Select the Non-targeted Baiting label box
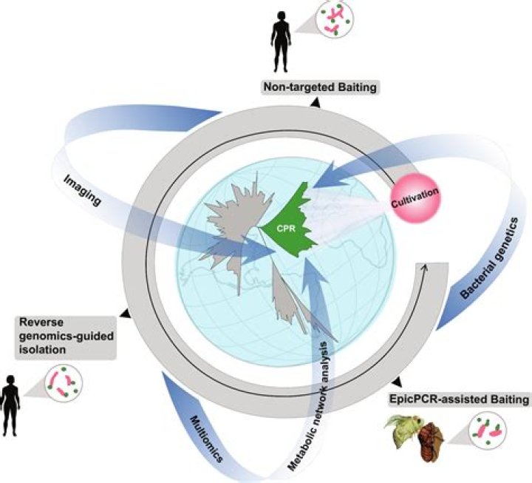point(320,87)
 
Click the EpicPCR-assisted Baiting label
point(459,399)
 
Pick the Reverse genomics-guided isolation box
point(66,336)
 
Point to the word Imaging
point(83,191)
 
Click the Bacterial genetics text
point(490,258)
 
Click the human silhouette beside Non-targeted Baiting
point(281,41)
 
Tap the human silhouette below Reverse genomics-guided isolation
point(10,405)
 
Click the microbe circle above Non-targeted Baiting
point(335,20)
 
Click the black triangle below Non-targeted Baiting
point(316,103)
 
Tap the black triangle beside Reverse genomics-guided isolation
point(125,314)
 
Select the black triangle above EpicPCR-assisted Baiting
point(398,382)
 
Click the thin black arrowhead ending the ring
point(423,268)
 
